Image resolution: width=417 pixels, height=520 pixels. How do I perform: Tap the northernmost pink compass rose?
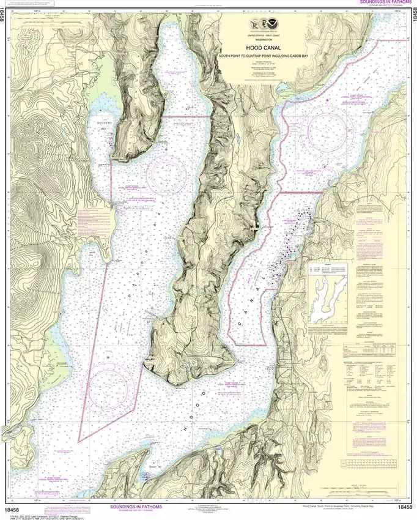click(327, 128)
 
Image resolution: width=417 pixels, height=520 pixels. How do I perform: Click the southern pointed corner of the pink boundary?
click(79, 440)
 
